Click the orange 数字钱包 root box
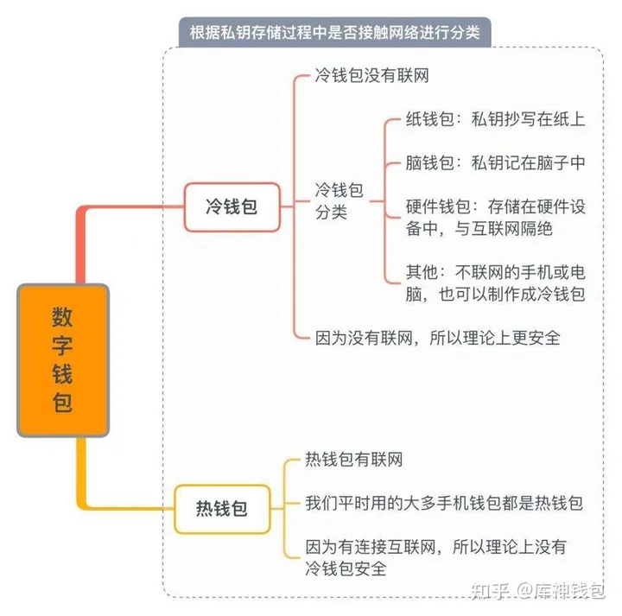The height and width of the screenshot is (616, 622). click(x=63, y=360)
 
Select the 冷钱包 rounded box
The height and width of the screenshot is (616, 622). click(x=232, y=207)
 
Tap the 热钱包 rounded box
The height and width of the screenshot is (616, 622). click(x=222, y=509)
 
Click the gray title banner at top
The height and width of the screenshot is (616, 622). click(x=335, y=32)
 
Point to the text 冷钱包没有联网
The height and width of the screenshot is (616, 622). click(x=371, y=75)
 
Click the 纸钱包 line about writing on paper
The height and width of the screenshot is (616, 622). click(x=495, y=119)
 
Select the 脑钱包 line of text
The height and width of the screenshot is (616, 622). click(x=495, y=162)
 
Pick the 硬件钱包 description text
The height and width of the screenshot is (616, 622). click(x=495, y=218)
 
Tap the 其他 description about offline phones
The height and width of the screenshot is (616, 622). click(x=495, y=283)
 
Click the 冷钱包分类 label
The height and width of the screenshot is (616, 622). click(x=339, y=201)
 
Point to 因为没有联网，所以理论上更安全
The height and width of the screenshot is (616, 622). click(x=437, y=338)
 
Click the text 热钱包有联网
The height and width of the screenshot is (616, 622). click(x=354, y=460)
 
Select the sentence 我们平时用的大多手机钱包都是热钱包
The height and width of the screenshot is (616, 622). click(x=443, y=503)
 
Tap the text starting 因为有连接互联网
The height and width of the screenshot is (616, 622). click(x=435, y=558)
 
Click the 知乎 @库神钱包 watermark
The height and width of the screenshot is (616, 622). click(x=538, y=591)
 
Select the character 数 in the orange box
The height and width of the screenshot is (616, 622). click(x=62, y=317)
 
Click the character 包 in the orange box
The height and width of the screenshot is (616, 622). click(x=62, y=403)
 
